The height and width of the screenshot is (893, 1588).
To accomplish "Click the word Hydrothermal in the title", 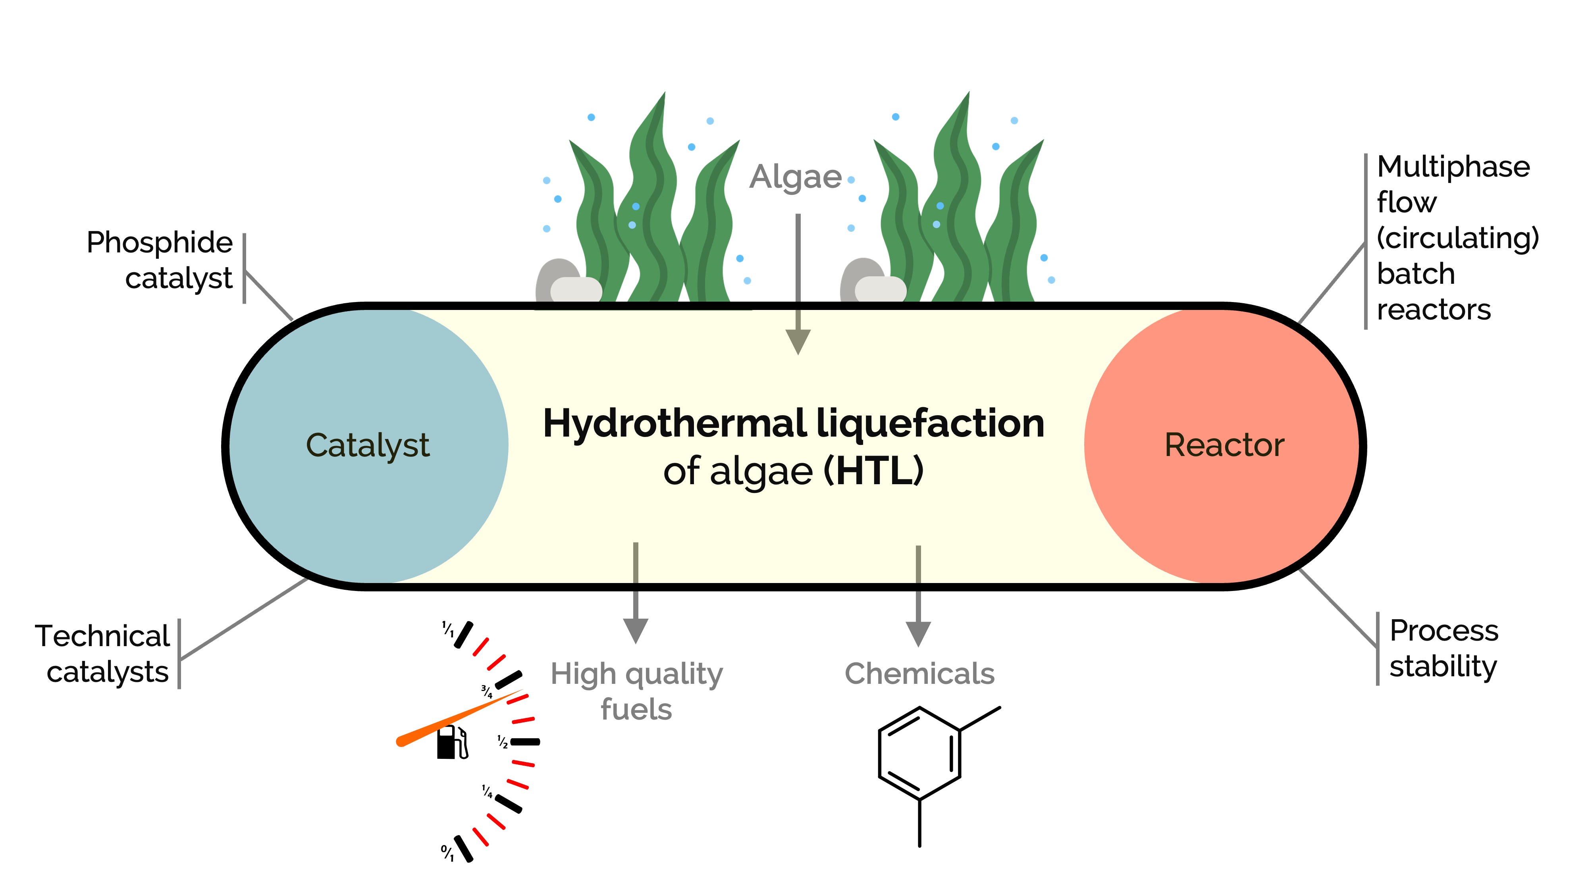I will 675,424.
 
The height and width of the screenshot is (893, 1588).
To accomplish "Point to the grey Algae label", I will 795,177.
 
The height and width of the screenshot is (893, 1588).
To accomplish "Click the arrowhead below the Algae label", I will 798,341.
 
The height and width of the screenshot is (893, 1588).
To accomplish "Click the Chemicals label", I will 919,674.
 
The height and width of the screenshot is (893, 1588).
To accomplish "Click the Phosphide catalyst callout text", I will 160,260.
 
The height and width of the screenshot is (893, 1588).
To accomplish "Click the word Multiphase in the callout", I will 1453,166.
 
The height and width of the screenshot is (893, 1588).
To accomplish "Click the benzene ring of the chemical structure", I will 919,753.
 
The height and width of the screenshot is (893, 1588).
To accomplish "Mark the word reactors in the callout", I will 1433,310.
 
